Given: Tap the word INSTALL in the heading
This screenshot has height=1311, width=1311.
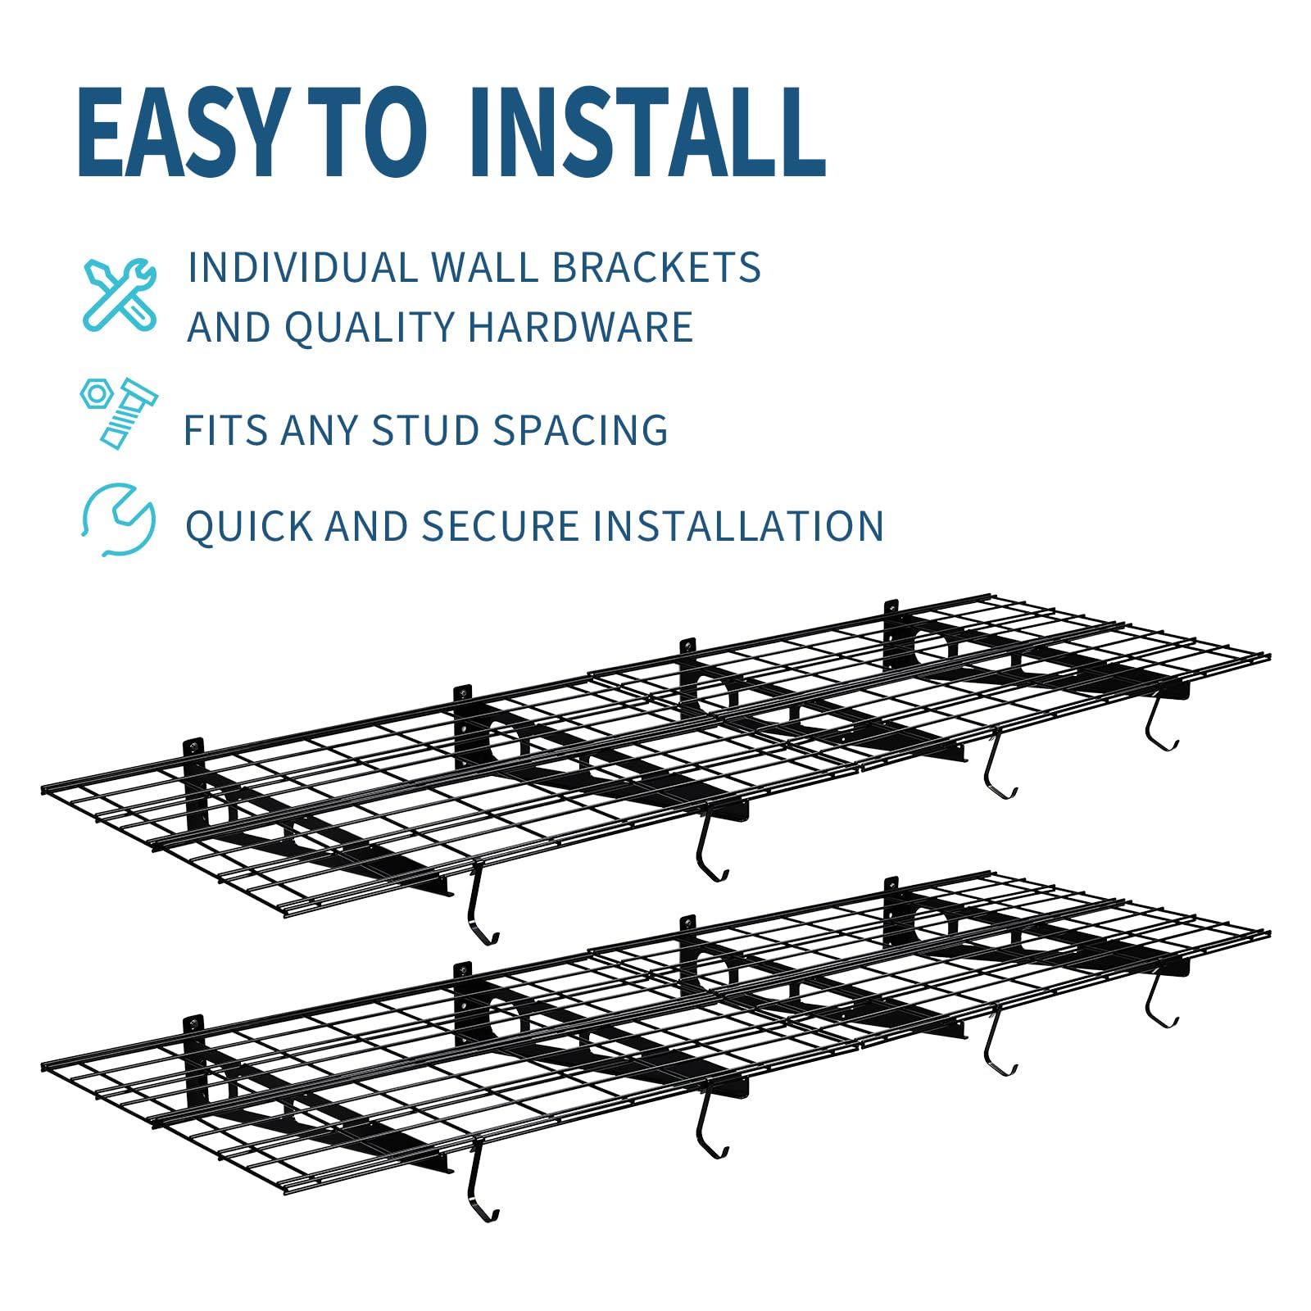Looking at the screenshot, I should coord(647,133).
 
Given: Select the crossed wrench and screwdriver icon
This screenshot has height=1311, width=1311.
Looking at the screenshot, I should coord(120,294).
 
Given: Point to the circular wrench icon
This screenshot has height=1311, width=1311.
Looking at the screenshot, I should coord(119,519).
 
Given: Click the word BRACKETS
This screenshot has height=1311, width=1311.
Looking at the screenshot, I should coord(656,268).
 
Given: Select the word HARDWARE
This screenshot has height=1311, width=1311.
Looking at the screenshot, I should coord(580,327).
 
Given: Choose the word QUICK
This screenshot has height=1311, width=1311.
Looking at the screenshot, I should coord(249,526).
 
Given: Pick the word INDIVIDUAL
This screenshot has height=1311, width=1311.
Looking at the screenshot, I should coord(303,268).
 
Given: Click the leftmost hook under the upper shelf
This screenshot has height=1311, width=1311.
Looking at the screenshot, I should coord(480,909).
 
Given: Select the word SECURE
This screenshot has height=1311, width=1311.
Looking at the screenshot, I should coord(500,526).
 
